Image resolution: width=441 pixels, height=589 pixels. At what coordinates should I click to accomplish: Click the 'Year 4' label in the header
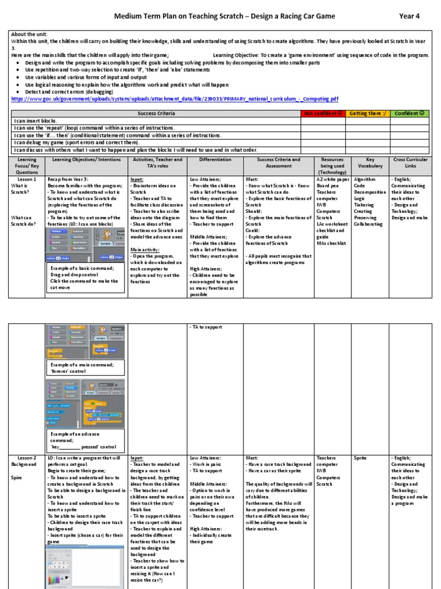[x=409, y=16]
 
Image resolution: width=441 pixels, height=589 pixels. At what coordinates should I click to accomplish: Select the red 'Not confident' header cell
[x=323, y=113]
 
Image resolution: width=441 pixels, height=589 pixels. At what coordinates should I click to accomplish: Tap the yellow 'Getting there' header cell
[x=367, y=113]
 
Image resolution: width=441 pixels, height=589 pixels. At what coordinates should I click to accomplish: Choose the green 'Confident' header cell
[x=411, y=113]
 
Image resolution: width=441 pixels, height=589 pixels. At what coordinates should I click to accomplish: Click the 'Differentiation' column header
[x=215, y=159]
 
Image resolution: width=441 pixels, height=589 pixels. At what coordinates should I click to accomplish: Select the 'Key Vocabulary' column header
[x=370, y=163]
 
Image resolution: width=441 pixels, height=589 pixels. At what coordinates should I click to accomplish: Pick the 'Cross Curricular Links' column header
[x=409, y=163]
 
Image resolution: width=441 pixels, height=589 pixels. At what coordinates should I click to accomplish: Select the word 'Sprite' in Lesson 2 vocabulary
[x=360, y=458]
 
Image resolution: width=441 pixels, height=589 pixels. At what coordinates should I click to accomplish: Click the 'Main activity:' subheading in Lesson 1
[x=145, y=250]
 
